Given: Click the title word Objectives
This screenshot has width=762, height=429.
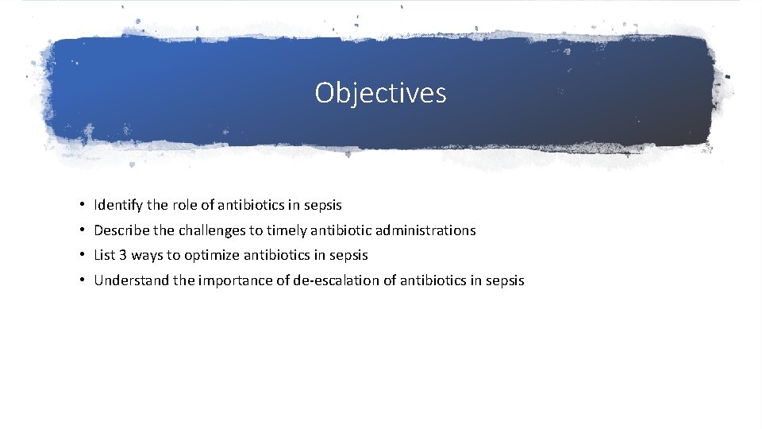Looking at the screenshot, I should [380, 93].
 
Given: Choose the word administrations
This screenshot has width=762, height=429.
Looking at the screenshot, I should [425, 230].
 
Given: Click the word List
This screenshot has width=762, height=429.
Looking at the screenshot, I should [105, 256].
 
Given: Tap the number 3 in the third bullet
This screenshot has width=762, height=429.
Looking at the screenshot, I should [124, 256].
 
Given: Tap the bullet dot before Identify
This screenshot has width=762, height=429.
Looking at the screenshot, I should [83, 206].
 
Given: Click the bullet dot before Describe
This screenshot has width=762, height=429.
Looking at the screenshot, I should [83, 231].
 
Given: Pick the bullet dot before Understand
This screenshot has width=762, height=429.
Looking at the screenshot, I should [83, 281].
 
